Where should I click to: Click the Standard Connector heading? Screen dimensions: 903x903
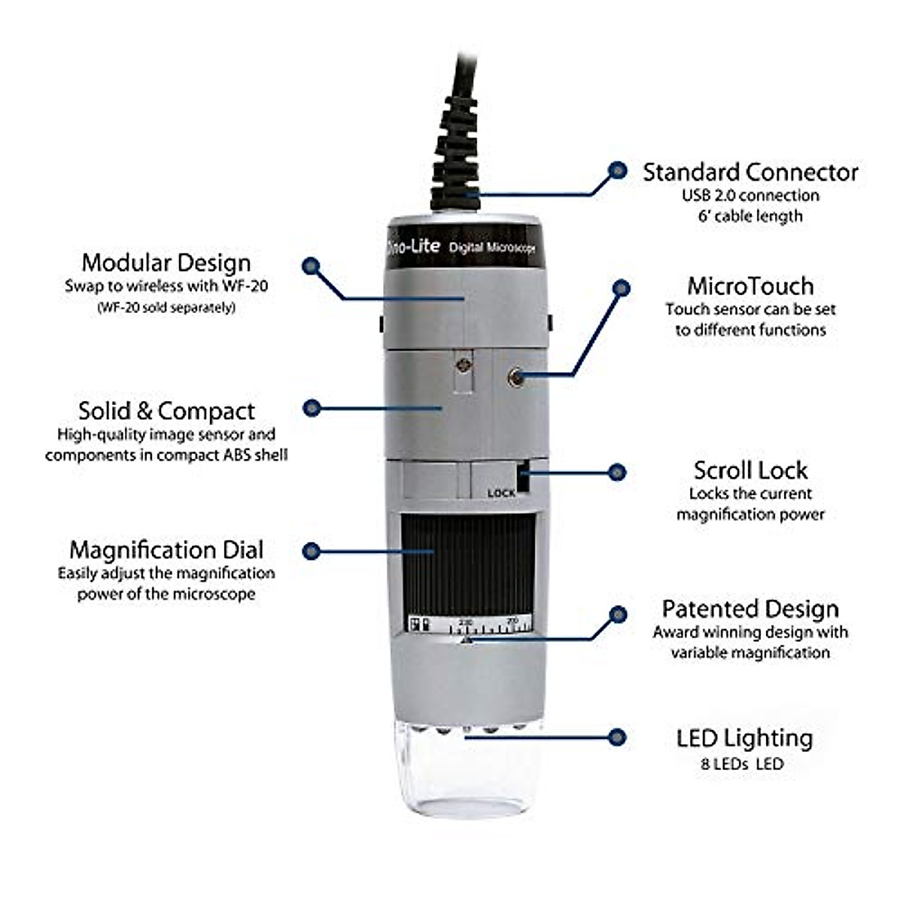tap(749, 172)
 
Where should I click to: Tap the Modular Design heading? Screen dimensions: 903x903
tap(166, 263)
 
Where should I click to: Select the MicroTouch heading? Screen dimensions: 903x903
tap(750, 286)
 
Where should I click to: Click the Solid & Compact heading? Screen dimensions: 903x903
tap(166, 411)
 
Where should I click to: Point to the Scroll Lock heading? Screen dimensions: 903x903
tap(750, 470)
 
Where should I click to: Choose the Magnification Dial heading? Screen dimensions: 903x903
tap(166, 549)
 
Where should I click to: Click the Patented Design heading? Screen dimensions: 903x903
tap(750, 609)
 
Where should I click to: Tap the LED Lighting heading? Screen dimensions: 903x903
tap(744, 738)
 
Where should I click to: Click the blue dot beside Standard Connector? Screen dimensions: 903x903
tap(618, 171)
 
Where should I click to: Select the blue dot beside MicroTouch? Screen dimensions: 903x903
tap(621, 287)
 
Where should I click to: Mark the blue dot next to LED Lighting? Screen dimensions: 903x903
tap(618, 737)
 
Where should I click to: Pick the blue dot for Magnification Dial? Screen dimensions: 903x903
tap(312, 551)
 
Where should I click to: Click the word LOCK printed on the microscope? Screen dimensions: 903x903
tap(501, 493)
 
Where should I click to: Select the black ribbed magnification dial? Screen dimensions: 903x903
tap(467, 564)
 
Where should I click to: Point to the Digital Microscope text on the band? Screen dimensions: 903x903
tap(491, 248)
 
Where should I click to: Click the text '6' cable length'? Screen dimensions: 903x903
tap(750, 216)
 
